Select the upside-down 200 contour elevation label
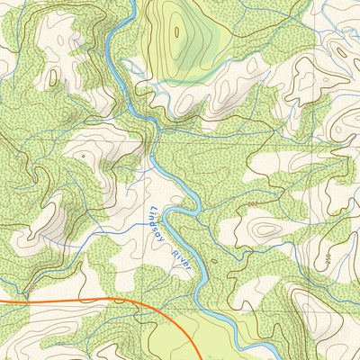coord(252,207)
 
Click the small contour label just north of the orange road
coord(33,288)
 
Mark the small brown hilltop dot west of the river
coord(83,155)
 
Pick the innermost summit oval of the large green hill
coord(176,32)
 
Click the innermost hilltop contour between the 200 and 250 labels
coord(265,229)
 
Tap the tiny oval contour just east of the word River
coord(213,263)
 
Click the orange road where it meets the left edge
coord(2,303)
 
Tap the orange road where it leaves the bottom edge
coord(200,358)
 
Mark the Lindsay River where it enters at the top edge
coord(133,2)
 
